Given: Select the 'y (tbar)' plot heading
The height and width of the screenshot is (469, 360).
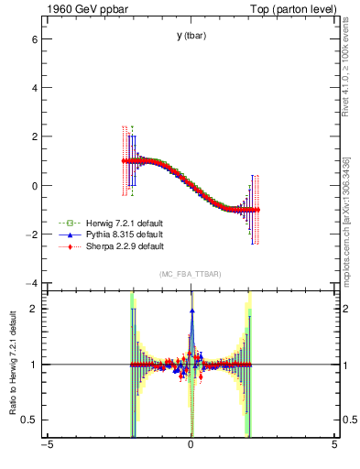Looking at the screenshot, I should pyautogui.click(x=190, y=36).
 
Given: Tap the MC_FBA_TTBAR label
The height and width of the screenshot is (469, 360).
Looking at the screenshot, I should pyautogui.click(x=190, y=274).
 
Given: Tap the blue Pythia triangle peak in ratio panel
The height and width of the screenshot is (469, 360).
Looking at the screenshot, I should pyautogui.click(x=191, y=311).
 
